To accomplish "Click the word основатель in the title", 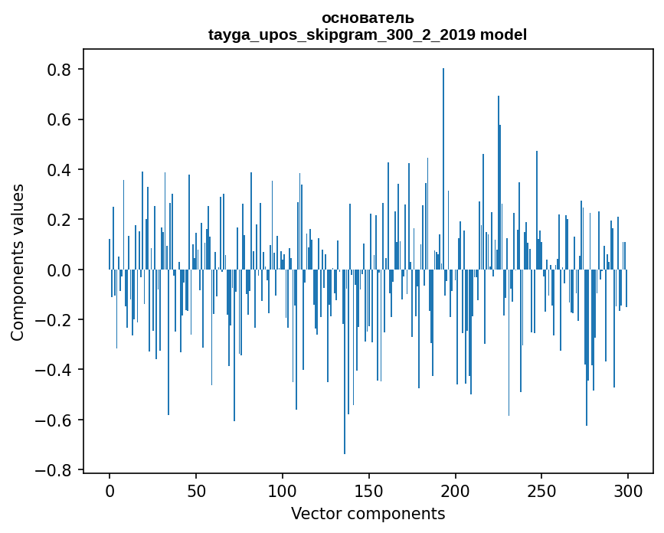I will (368, 18).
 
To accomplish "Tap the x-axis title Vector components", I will (368, 513).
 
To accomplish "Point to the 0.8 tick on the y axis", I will (61, 70).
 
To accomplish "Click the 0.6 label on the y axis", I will (61, 119).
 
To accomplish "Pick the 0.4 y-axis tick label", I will (61, 170).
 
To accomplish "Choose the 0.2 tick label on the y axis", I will (61, 220).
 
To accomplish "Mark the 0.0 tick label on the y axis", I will (61, 270).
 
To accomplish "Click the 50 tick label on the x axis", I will (196, 489).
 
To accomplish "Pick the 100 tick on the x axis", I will (283, 489).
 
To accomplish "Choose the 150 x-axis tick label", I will (369, 489).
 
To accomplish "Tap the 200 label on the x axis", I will (456, 489).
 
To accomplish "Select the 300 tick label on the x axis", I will (628, 489).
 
